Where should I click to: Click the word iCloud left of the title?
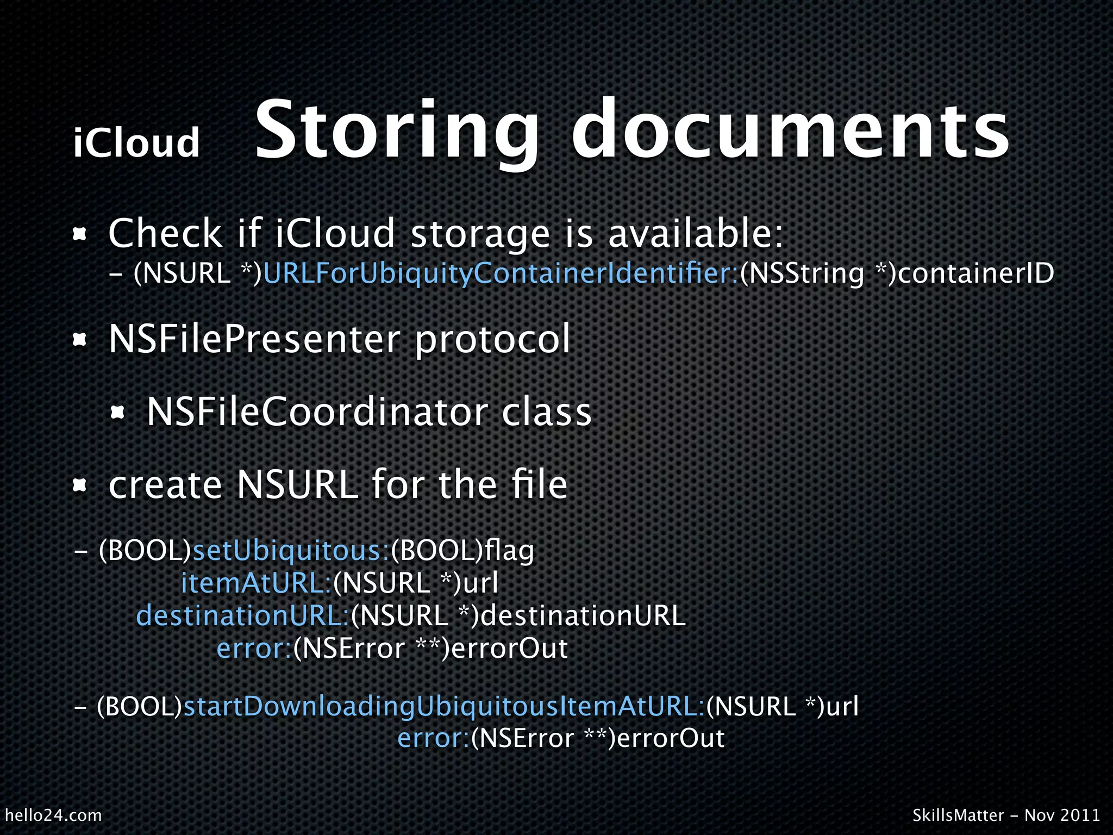(136, 142)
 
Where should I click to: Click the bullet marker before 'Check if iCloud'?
(80, 234)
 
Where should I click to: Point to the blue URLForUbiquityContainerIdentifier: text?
(500, 273)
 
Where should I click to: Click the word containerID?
(976, 273)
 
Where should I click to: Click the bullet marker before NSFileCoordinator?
(118, 413)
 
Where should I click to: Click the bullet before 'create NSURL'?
(80, 485)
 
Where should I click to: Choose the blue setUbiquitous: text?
(291, 551)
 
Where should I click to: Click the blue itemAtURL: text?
(256, 583)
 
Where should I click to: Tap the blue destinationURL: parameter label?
(242, 616)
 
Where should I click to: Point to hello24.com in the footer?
(53, 815)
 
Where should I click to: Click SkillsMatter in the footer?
(958, 815)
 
